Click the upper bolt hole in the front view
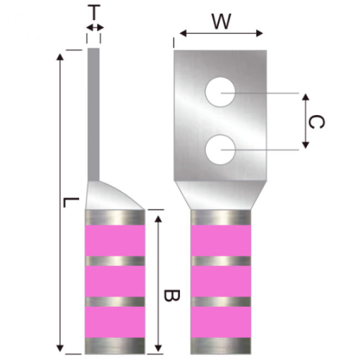point(220,92)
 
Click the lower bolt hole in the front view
point(220,150)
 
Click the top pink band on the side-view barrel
point(115,240)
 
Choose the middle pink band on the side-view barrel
point(115,281)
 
